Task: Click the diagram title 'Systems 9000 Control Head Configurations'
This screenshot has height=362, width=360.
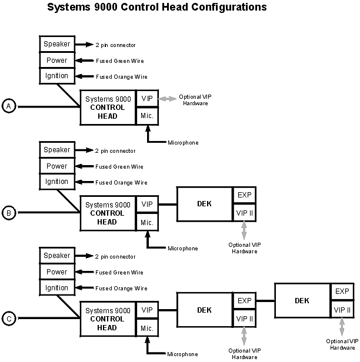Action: [x=156, y=8]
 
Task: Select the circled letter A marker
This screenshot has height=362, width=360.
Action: [x=9, y=106]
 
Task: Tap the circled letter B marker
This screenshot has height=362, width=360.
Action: [x=9, y=213]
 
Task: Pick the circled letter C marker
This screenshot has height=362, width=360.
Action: [x=9, y=319]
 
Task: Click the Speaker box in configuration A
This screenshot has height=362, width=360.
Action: [x=56, y=44]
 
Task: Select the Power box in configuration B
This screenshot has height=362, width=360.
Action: [x=56, y=166]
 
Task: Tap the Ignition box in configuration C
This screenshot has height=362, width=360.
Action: [x=56, y=287]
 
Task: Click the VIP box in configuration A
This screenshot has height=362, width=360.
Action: [x=147, y=99]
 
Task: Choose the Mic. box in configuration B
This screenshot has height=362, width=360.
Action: [x=147, y=222]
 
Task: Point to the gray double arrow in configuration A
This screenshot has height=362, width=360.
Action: [x=168, y=99]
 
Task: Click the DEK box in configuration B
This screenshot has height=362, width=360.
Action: [x=204, y=204]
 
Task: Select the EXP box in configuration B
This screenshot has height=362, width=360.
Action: [x=244, y=195]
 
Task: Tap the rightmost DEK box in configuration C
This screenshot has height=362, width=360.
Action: [x=302, y=300]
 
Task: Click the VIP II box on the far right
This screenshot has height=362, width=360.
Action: [x=342, y=309]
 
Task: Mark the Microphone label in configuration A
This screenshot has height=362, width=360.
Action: [x=183, y=143]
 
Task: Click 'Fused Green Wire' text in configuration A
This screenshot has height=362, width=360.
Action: [x=119, y=61]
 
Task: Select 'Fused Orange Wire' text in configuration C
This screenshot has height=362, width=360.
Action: [x=121, y=289]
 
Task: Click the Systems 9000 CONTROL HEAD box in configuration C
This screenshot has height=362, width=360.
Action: [x=108, y=319]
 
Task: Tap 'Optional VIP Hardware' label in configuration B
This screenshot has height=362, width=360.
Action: [x=243, y=247]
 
